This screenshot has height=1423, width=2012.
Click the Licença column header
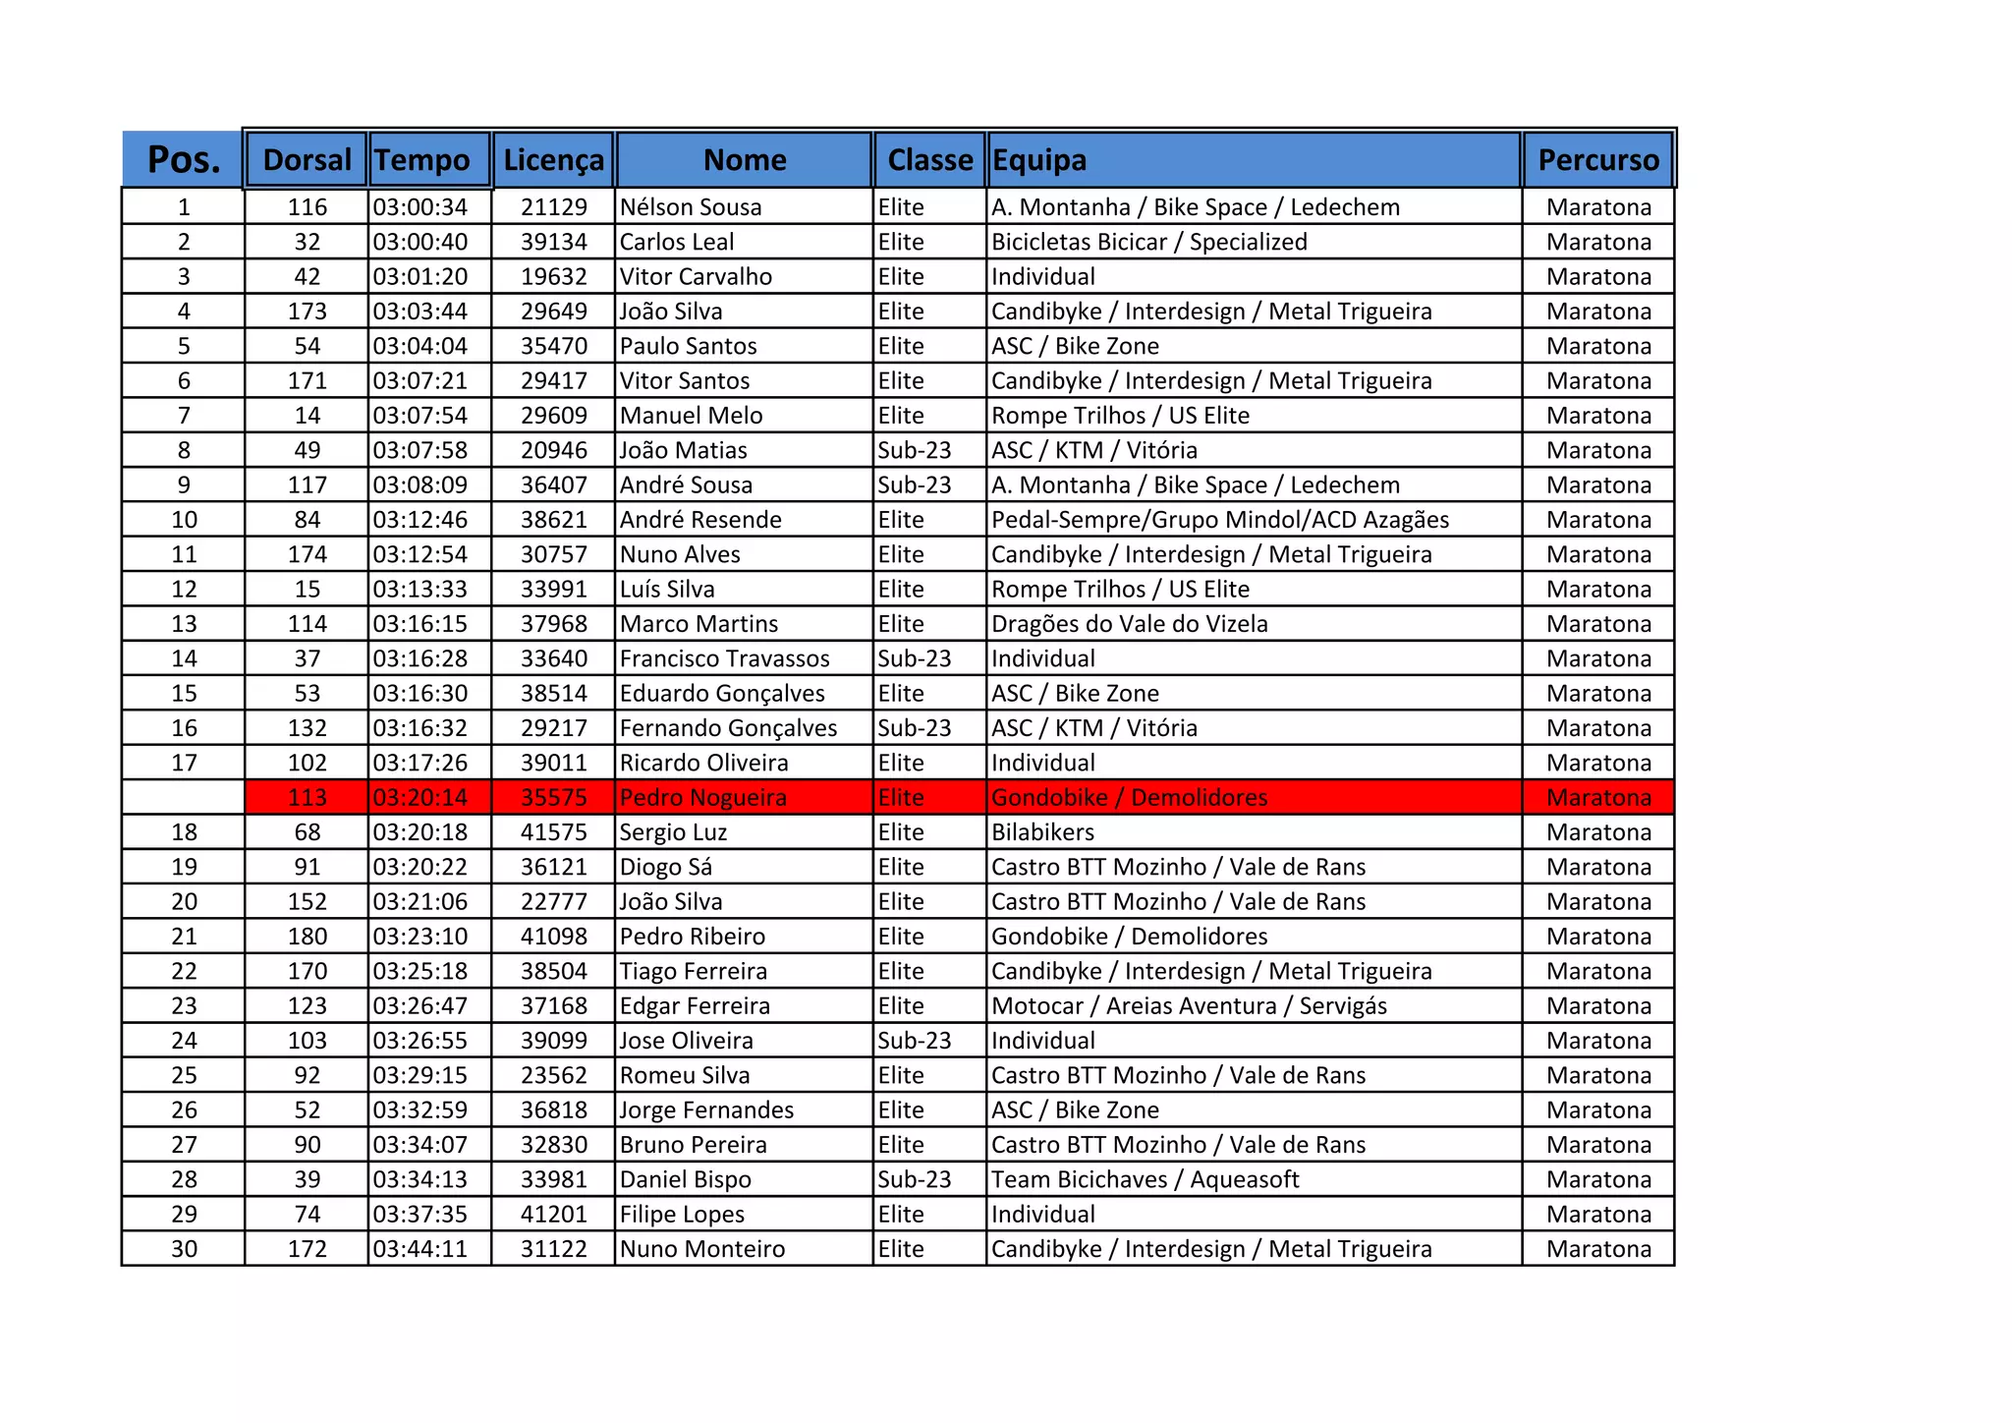click(x=553, y=160)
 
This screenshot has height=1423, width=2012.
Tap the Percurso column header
click(x=1598, y=160)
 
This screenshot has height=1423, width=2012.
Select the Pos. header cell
click(x=184, y=160)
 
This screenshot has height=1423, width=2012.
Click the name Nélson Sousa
click(x=691, y=207)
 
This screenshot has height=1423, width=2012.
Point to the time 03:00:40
click(x=420, y=242)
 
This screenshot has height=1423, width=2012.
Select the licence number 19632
click(x=553, y=277)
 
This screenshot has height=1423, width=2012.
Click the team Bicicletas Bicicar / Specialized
click(x=1149, y=242)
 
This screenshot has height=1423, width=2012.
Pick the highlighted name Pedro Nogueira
click(x=703, y=798)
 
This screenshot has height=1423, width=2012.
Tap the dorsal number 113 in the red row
click(x=307, y=798)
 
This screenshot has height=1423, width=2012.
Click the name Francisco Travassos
click(x=725, y=658)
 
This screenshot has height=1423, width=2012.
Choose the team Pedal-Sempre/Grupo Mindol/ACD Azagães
click(x=1220, y=520)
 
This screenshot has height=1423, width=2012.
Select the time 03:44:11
click(x=420, y=1249)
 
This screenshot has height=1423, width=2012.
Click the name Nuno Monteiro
click(x=702, y=1249)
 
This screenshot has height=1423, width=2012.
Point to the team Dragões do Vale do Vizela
click(x=1130, y=624)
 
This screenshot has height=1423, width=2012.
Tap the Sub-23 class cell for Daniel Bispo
click(x=915, y=1179)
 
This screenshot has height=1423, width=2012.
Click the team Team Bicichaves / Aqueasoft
click(x=1146, y=1179)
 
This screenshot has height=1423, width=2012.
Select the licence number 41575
click(x=553, y=832)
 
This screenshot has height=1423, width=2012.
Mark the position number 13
click(x=184, y=624)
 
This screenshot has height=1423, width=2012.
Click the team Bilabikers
click(x=1042, y=832)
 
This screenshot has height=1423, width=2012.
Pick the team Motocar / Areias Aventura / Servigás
click(x=1190, y=1006)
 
